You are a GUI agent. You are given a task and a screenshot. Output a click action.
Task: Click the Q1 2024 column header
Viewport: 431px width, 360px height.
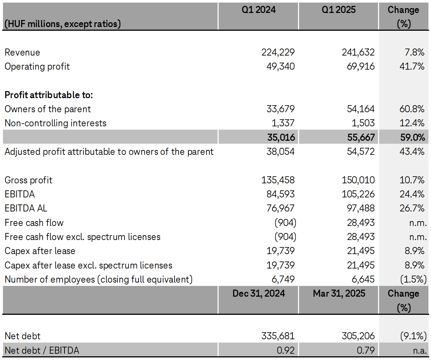pos(259,10)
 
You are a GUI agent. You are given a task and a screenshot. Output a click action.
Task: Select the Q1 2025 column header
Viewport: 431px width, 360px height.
pos(339,10)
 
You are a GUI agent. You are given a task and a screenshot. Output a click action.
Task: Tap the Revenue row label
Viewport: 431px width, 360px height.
pos(22,53)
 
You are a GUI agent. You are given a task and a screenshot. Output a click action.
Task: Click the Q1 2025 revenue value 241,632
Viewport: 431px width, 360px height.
pos(358,53)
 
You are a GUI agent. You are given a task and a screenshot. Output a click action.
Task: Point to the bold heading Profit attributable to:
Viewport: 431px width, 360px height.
pos(49,95)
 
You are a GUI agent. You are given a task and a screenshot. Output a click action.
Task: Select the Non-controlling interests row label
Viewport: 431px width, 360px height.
pos(55,123)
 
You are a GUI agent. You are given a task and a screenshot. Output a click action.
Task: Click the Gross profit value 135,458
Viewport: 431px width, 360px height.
pos(278,180)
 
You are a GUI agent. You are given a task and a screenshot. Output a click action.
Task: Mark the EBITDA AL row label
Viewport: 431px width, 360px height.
pos(26,209)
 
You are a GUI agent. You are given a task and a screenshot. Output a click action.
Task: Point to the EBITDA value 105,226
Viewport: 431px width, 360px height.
pos(358,194)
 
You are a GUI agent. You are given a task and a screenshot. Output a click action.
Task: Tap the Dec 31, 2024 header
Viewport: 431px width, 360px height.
pos(259,294)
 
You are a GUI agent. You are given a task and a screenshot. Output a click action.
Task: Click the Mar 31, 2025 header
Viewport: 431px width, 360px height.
pos(339,294)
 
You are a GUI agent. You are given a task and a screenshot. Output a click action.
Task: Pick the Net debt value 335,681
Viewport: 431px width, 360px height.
pos(278,336)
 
